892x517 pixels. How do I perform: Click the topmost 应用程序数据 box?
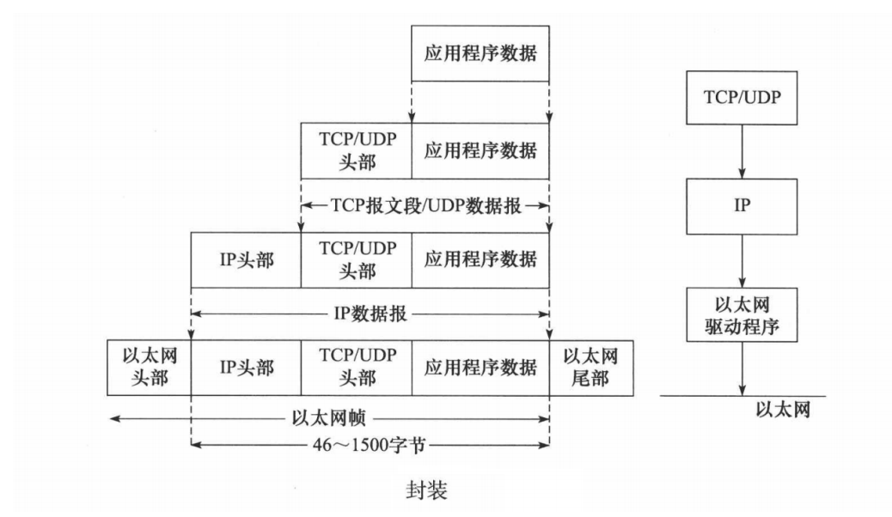pyautogui.click(x=480, y=53)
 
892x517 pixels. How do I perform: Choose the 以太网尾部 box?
pyautogui.click(x=591, y=367)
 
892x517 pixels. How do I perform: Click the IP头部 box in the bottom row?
pyautogui.click(x=246, y=367)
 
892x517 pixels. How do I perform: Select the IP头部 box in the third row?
pyautogui.click(x=246, y=259)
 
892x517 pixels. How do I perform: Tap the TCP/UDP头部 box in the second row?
pyautogui.click(x=356, y=151)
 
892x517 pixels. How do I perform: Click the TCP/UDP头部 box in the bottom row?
pyautogui.click(x=356, y=367)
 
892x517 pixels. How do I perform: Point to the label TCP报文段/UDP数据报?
pyautogui.click(x=425, y=206)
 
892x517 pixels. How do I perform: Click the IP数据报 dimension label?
pyautogui.click(x=370, y=314)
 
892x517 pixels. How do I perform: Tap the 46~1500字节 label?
pyautogui.click(x=370, y=445)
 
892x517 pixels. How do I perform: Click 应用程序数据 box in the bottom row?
pyautogui.click(x=480, y=367)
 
